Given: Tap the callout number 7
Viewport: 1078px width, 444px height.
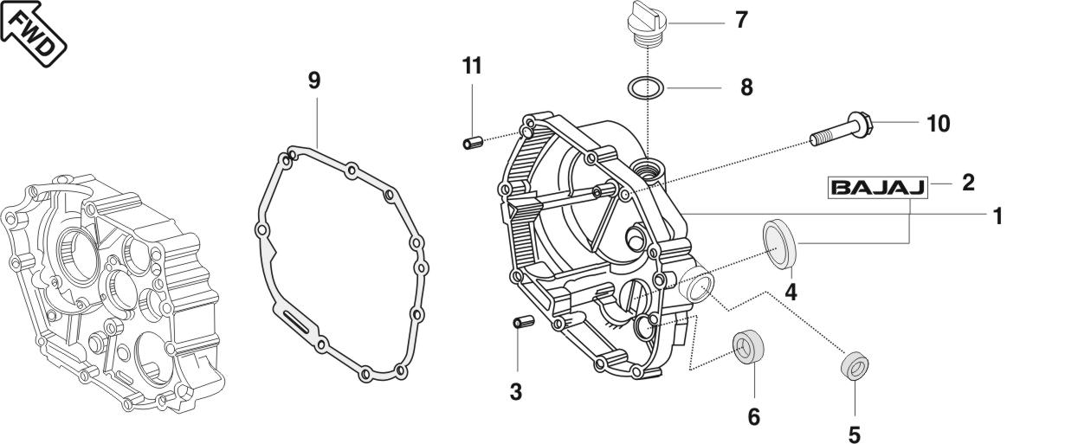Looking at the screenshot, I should click(x=741, y=19).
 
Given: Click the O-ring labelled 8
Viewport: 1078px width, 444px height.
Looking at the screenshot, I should click(x=645, y=87).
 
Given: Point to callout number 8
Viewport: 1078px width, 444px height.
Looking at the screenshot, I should click(x=746, y=87).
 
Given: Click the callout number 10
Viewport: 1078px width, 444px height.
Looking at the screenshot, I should click(x=938, y=124).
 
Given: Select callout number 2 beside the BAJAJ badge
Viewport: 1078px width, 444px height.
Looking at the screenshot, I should click(x=968, y=183).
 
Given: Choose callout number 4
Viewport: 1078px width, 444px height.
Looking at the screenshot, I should click(x=791, y=293).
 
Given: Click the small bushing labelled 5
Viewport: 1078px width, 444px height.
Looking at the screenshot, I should click(x=855, y=366).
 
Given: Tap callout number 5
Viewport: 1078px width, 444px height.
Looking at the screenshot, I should click(x=855, y=432).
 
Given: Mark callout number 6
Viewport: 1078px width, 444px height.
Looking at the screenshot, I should click(x=753, y=417).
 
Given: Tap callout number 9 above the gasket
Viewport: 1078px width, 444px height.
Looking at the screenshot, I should click(x=314, y=80).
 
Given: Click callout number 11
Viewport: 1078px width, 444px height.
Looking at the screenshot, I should click(x=471, y=66).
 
